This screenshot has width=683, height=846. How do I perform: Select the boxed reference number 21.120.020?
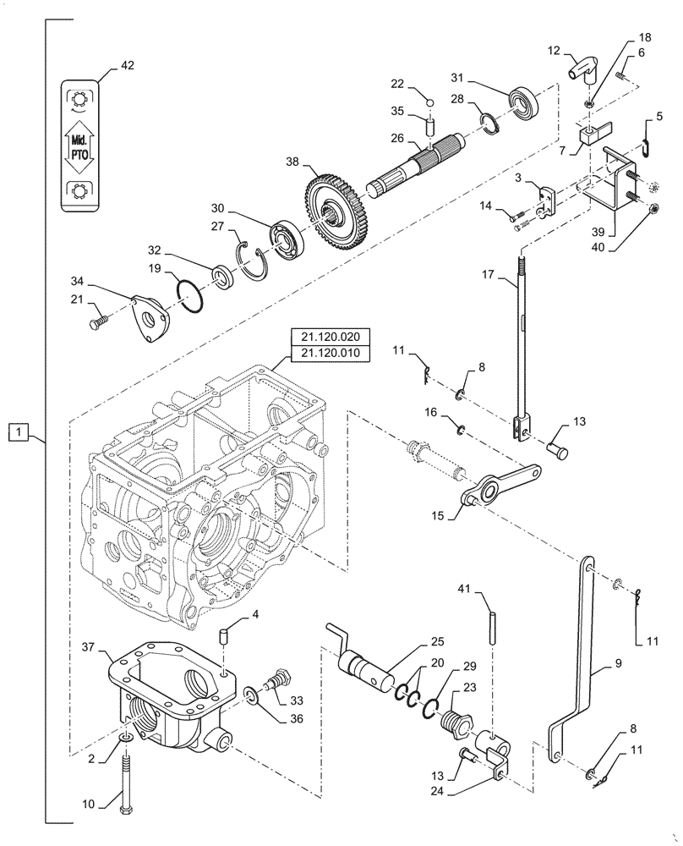[x=330, y=336]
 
